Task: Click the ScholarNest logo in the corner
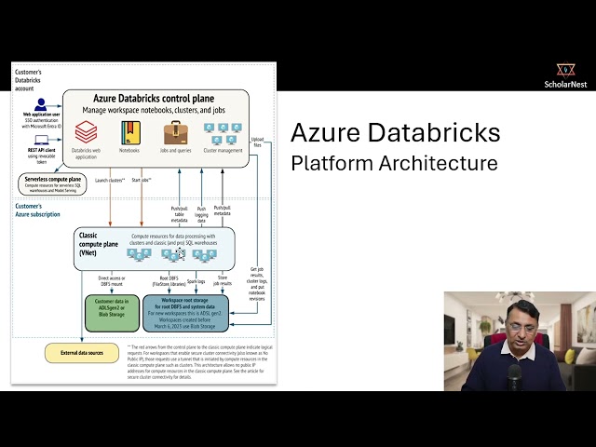coord(565,75)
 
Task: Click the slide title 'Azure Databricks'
coord(395,133)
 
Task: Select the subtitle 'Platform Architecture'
coord(394,163)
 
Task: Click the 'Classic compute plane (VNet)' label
coord(100,243)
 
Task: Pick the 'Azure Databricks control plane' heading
coord(157,98)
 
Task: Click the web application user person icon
coord(40,104)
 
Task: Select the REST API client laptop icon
coord(40,141)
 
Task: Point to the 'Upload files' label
coord(257,142)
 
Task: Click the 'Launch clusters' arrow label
coord(111,180)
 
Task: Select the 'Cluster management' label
coord(223,149)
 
